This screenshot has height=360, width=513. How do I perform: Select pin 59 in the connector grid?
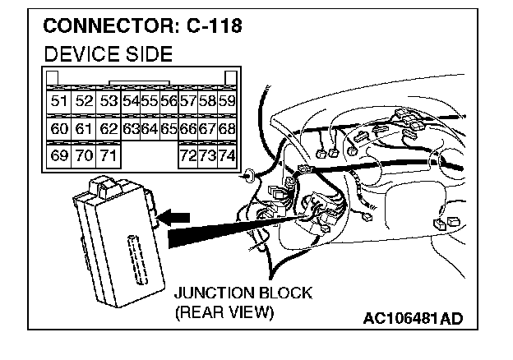(227, 102)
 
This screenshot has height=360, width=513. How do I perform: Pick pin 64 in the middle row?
(149, 129)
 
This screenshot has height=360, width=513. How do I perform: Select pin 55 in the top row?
(149, 102)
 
